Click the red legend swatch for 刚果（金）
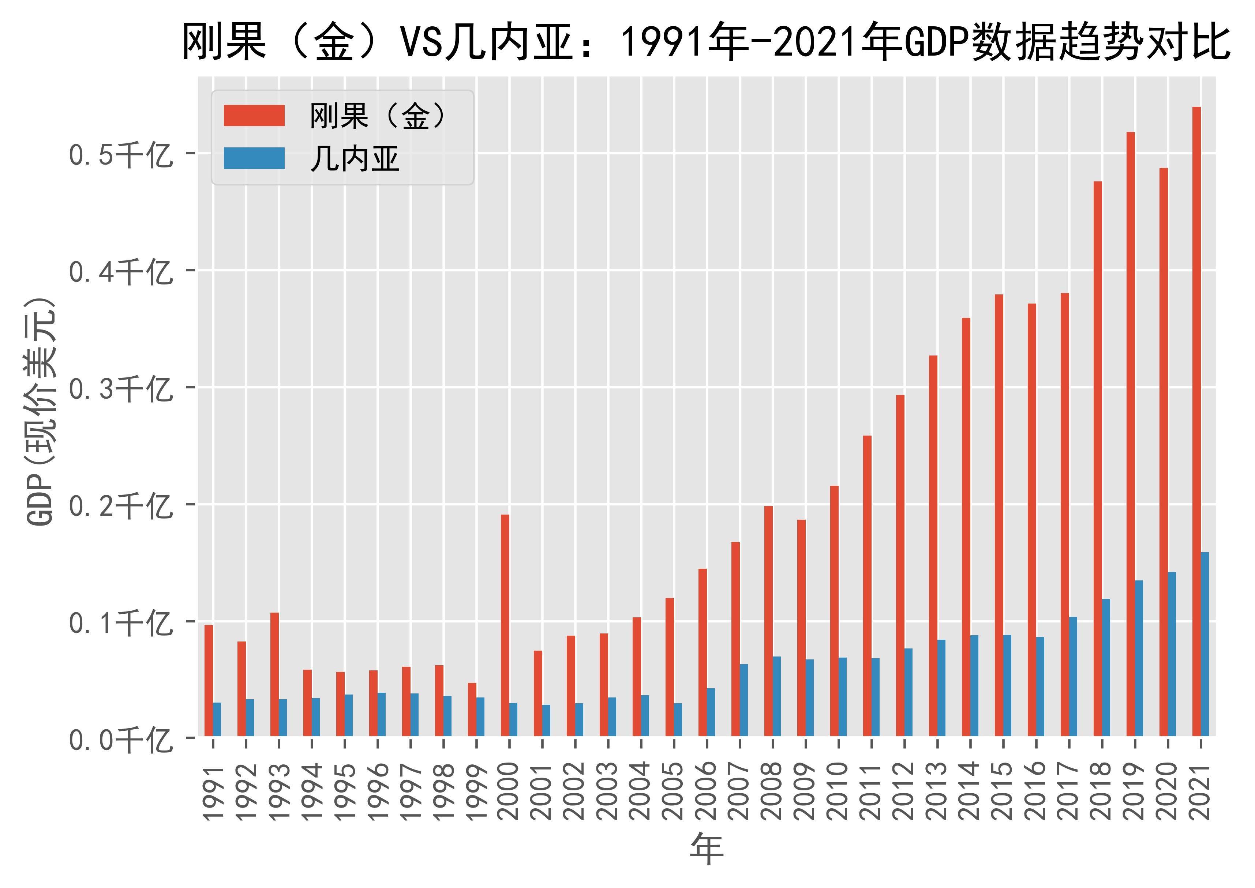click(x=254, y=116)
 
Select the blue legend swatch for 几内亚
click(x=254, y=159)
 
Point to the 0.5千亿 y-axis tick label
click(x=120, y=155)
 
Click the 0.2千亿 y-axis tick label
click(x=120, y=506)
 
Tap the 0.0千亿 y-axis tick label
click(x=120, y=740)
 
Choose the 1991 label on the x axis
click(x=213, y=793)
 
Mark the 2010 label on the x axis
click(x=839, y=793)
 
